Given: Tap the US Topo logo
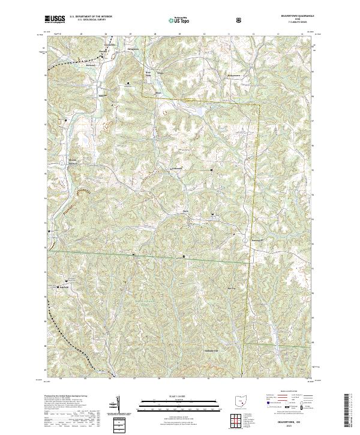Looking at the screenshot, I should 179,20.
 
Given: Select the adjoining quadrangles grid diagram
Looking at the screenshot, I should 238,419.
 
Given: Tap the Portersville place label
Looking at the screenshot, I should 256,237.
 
